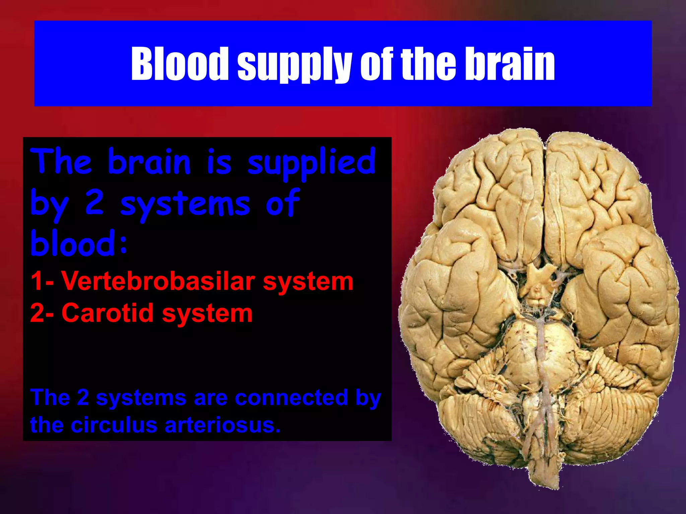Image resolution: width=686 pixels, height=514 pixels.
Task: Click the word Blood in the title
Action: point(180,64)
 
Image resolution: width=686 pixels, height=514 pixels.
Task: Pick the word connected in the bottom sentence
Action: point(291,398)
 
